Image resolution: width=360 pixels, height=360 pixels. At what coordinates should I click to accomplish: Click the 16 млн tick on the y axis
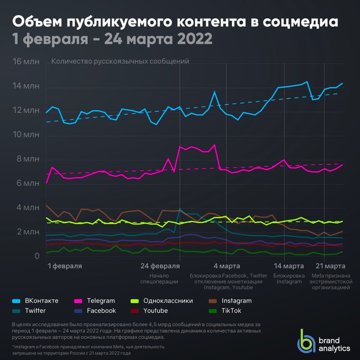click(x=26, y=61)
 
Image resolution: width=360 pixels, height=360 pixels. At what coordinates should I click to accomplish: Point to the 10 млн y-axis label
click(x=26, y=134)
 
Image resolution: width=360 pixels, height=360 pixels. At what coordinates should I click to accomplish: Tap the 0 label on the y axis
click(x=37, y=256)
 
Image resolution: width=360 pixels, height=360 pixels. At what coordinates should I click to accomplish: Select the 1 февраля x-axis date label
click(x=65, y=266)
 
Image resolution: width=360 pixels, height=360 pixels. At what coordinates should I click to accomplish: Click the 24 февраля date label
click(x=160, y=266)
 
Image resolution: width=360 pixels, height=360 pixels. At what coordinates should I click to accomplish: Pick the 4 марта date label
click(x=227, y=266)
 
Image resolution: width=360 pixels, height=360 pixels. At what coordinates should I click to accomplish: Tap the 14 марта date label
click(x=289, y=266)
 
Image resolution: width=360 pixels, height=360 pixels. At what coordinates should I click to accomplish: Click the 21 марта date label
click(x=331, y=266)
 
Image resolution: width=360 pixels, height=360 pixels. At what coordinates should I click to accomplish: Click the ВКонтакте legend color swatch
click(x=16, y=301)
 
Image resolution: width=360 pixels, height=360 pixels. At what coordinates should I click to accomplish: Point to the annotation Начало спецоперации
click(x=159, y=279)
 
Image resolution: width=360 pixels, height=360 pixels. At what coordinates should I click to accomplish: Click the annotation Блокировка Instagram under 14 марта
click(x=289, y=279)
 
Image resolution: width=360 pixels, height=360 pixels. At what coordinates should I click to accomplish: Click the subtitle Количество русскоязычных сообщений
click(x=120, y=61)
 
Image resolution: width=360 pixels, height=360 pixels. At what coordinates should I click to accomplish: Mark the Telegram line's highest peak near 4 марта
click(x=214, y=145)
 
